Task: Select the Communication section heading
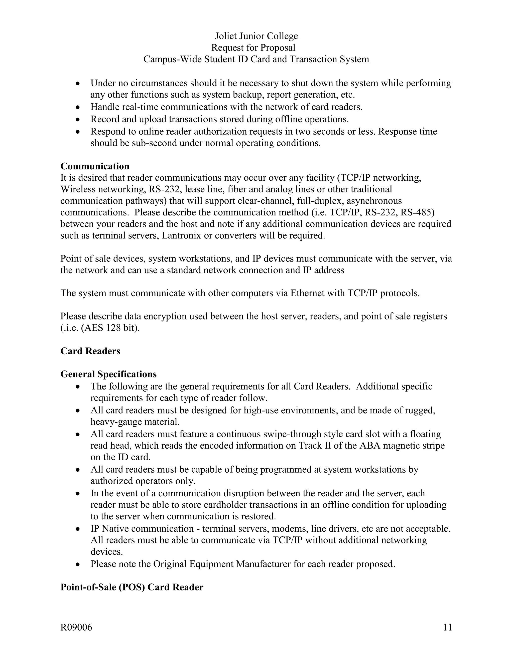click(95, 166)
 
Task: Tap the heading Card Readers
click(90, 351)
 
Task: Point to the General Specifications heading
click(108, 374)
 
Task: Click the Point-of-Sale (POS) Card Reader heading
click(132, 587)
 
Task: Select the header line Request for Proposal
click(253, 48)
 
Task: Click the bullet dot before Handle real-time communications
click(78, 108)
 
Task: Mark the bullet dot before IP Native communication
click(78, 529)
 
